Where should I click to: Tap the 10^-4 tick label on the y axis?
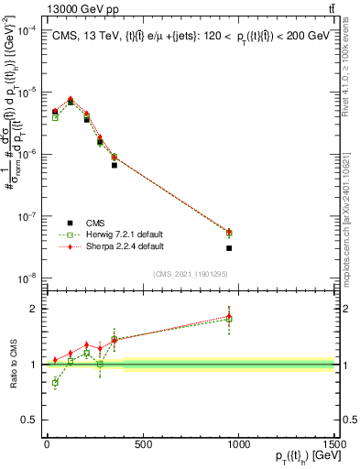27,30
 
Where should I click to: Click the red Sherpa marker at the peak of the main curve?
71,99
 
